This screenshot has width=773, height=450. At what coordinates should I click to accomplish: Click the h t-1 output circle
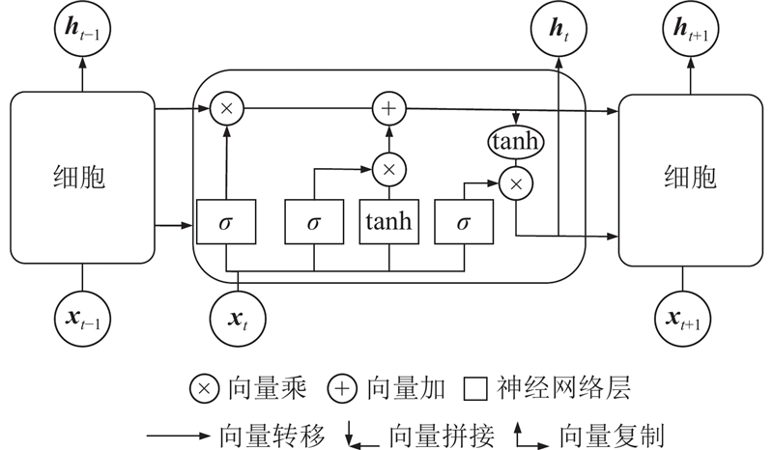point(82,31)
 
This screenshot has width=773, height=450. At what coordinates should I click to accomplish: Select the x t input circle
point(238,314)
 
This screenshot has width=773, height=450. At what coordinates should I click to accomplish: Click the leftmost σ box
point(226,222)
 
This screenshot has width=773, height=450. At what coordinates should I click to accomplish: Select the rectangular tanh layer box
point(388,222)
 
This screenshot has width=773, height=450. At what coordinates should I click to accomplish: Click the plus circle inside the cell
point(388,110)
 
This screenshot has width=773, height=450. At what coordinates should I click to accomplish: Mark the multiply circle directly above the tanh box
point(388,170)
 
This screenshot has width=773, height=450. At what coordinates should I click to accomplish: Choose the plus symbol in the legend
point(342,389)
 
